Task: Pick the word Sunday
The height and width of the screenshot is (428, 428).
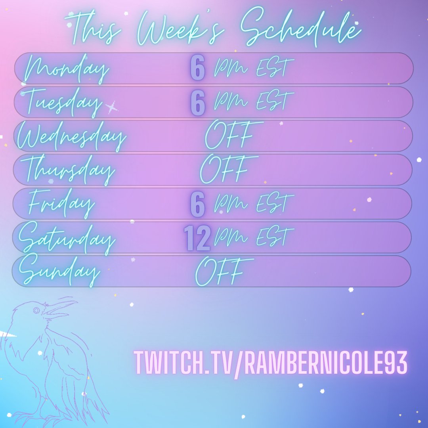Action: (x=59, y=272)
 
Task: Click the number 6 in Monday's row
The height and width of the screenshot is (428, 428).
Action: (x=198, y=68)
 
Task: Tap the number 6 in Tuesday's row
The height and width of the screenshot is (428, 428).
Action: (x=198, y=103)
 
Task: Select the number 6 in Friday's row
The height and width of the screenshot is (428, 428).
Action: (x=198, y=204)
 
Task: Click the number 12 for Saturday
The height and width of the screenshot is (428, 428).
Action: (x=197, y=239)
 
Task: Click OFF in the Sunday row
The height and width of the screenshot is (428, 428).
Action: (x=220, y=272)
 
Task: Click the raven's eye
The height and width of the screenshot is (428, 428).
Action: (x=37, y=310)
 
